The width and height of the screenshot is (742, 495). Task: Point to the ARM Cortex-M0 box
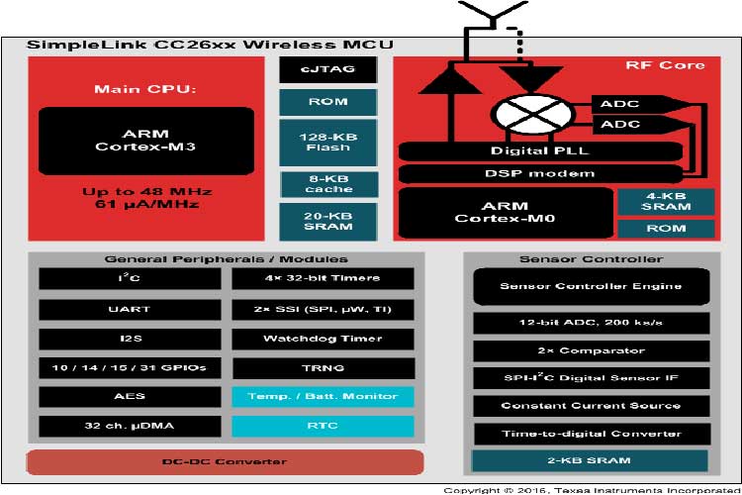tap(504, 212)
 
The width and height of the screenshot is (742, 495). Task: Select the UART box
tap(130, 309)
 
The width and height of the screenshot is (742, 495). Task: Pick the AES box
tap(130, 396)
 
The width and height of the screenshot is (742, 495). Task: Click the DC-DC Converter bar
tap(225, 462)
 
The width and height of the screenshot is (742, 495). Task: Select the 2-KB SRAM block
tap(590, 461)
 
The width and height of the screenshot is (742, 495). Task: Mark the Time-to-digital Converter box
tap(590, 434)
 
